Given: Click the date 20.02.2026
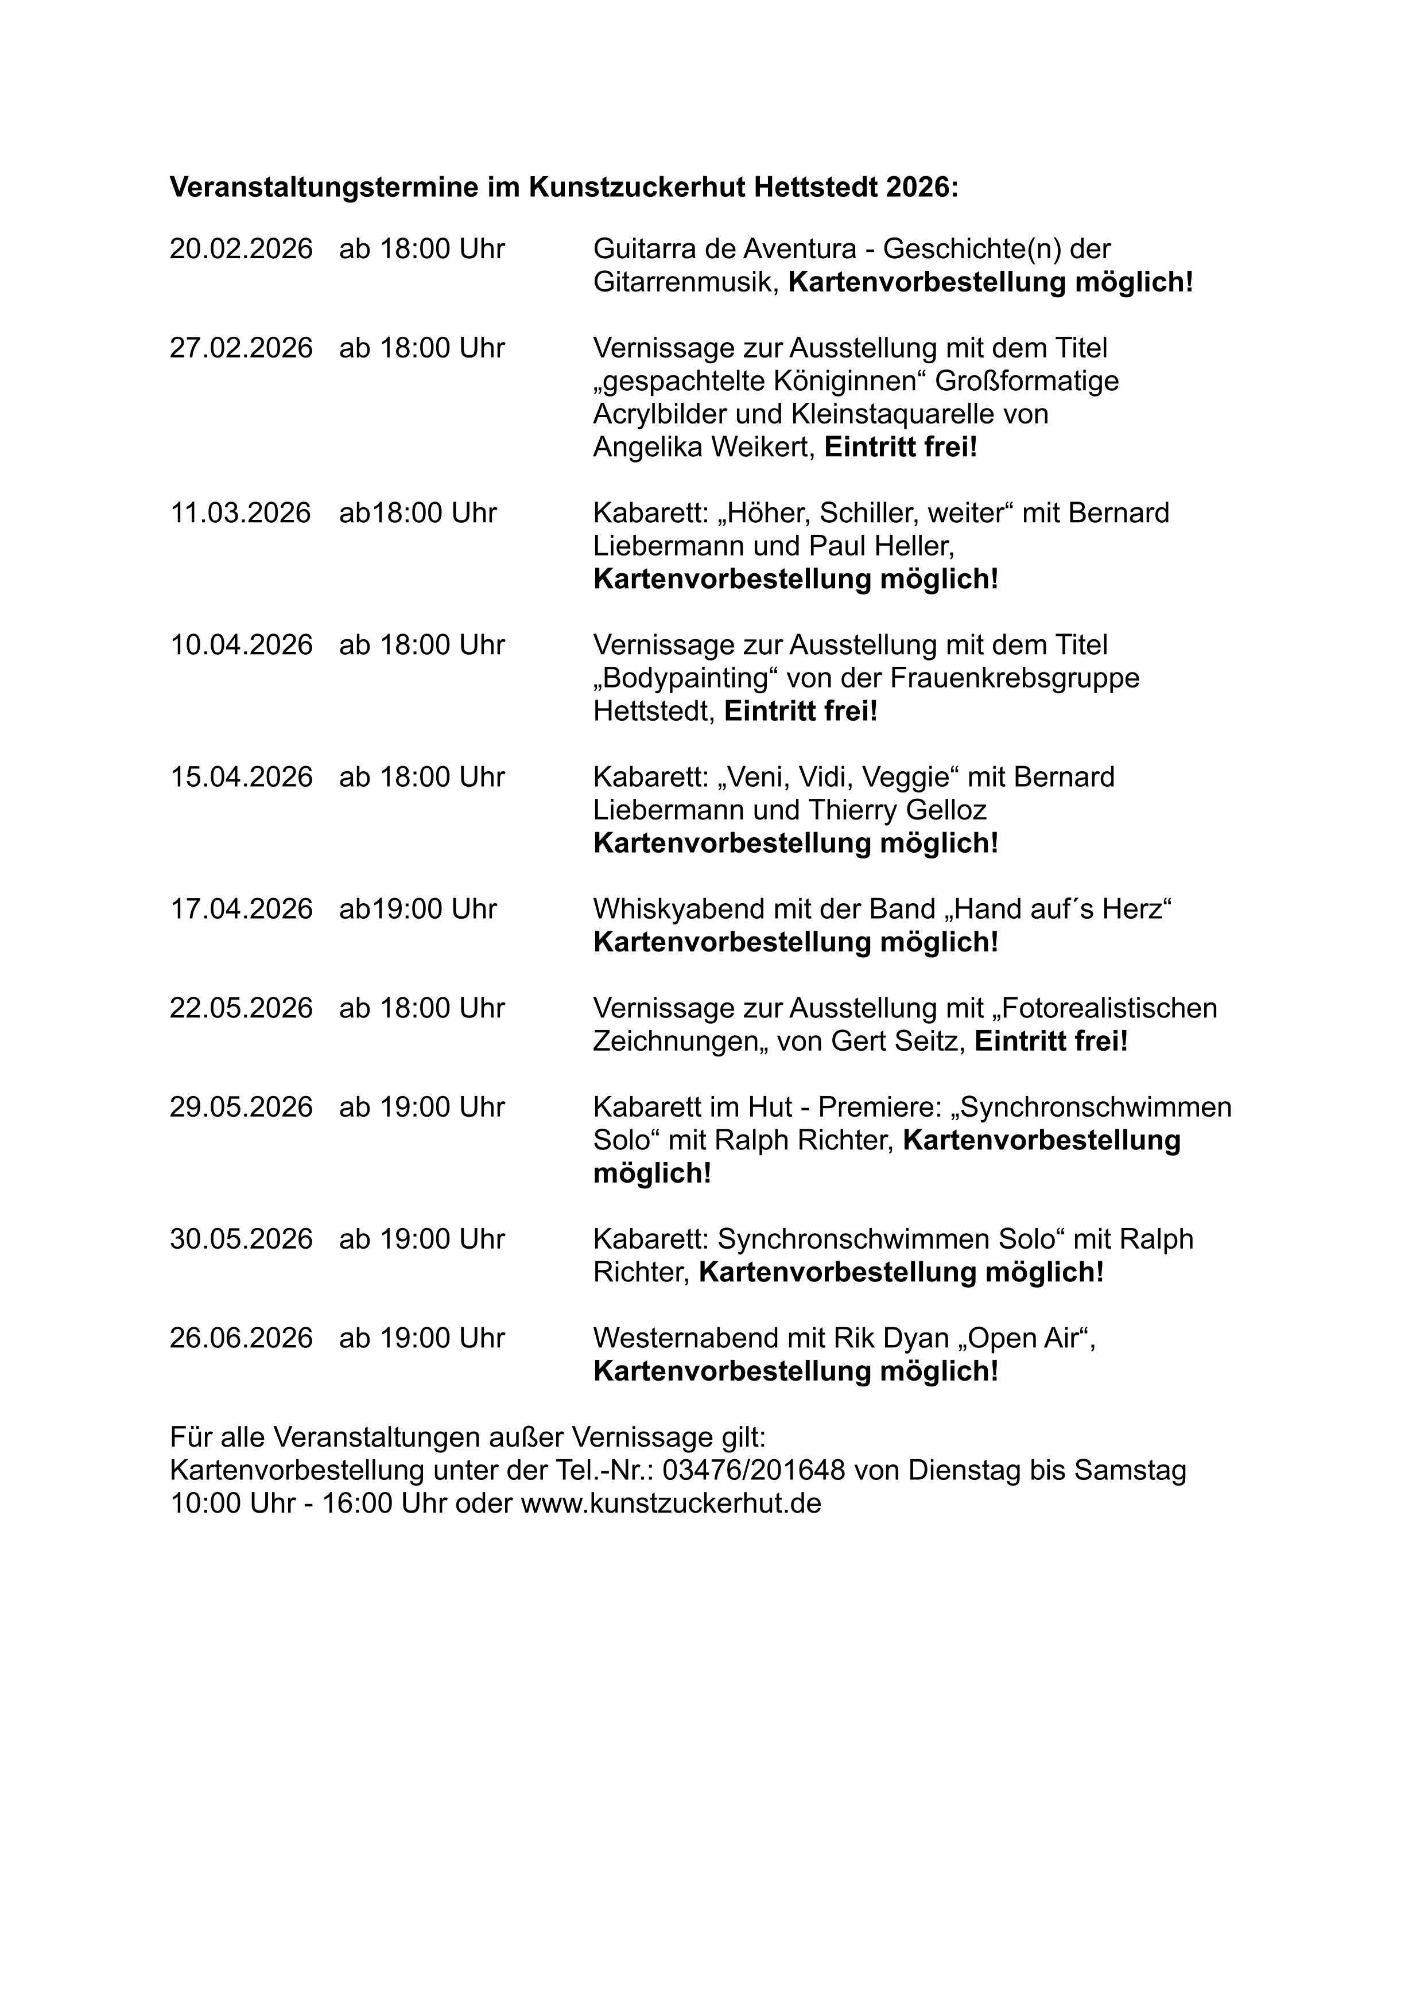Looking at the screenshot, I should (241, 250).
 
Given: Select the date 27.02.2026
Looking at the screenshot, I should (241, 349).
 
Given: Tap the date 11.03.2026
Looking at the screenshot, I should (240, 514).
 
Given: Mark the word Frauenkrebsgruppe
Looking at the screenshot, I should (1015, 679).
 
